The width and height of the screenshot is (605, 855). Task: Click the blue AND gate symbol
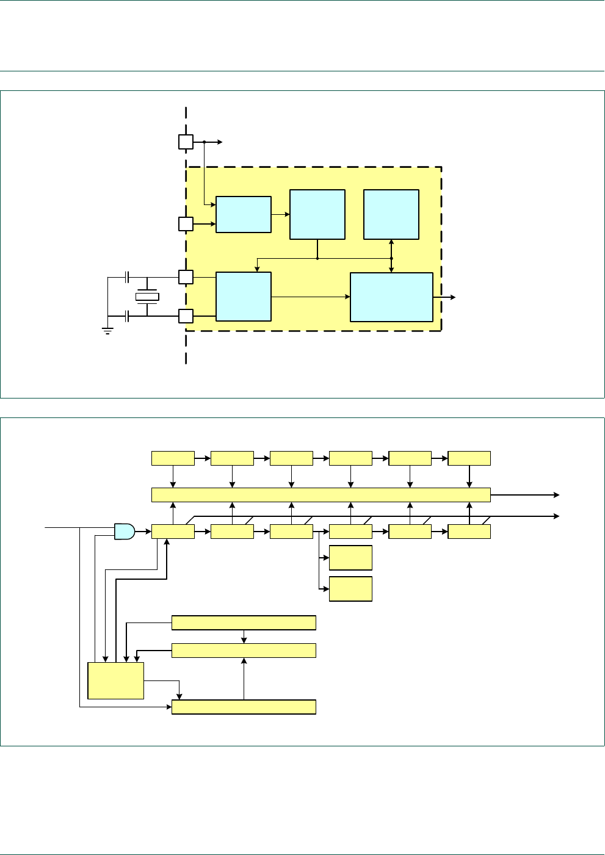[125, 532]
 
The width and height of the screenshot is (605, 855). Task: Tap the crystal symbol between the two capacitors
[147, 297]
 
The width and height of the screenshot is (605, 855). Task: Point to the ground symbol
[108, 332]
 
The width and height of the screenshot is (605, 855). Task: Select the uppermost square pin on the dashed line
[186, 142]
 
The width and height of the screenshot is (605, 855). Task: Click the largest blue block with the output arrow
[391, 297]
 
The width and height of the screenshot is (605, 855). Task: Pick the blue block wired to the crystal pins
[244, 297]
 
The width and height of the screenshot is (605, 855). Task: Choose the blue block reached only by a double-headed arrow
[391, 214]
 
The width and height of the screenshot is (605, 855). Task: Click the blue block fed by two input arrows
[244, 214]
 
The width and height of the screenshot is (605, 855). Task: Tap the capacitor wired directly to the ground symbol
[127, 316]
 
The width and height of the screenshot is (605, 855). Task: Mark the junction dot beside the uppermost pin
[204, 142]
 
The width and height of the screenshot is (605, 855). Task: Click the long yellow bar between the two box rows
[321, 494]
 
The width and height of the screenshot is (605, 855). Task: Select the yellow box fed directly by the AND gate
[173, 532]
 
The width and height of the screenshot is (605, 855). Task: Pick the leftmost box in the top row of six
[173, 458]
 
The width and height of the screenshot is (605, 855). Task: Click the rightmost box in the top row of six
[469, 458]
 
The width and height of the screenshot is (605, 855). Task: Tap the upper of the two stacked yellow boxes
[350, 558]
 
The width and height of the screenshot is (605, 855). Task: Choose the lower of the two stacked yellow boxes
[350, 589]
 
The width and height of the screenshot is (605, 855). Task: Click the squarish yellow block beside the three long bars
[116, 680]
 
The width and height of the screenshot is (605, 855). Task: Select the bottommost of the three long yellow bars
[244, 707]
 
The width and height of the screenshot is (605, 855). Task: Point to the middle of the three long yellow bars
[244, 651]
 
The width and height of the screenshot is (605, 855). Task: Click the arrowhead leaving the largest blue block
[452, 297]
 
